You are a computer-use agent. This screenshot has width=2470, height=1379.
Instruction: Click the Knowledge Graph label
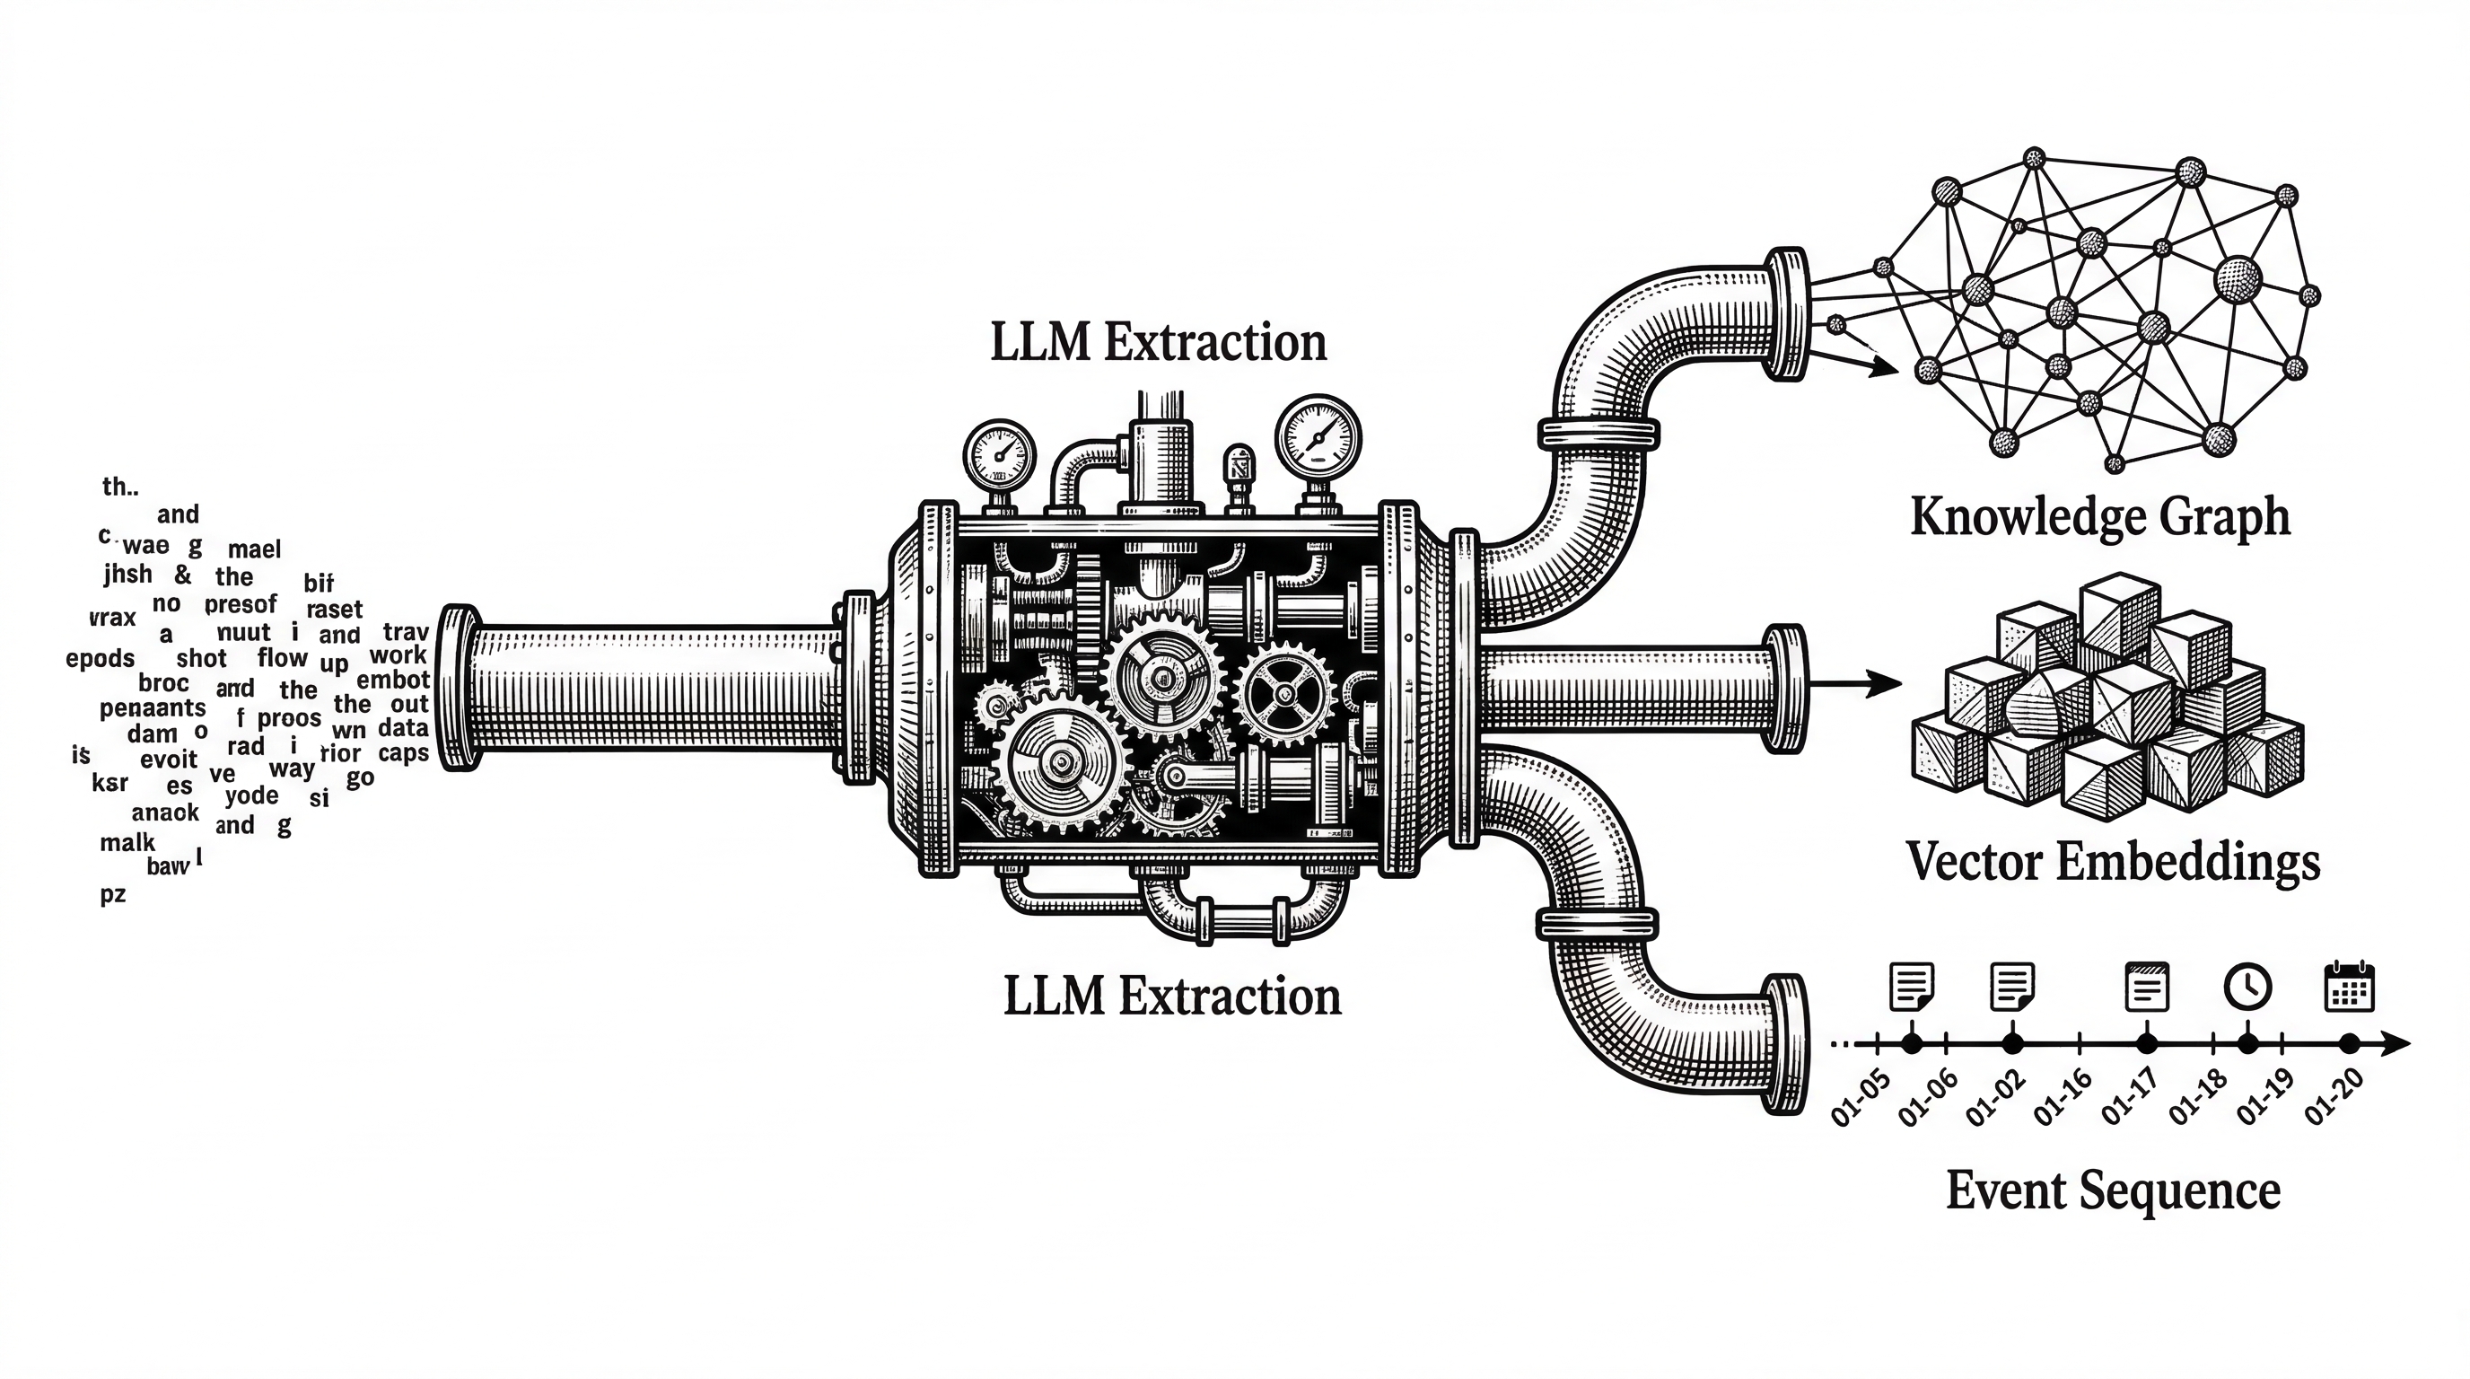[2100, 518]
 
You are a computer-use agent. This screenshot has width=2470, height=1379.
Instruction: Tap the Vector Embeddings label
[2113, 861]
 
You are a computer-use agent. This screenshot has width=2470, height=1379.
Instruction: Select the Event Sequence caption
[2113, 1191]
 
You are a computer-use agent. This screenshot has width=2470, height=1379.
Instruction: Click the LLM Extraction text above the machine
[1159, 342]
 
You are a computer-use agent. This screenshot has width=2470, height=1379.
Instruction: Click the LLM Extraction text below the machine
[1171, 997]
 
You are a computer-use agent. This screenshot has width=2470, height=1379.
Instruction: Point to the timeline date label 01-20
[2334, 1096]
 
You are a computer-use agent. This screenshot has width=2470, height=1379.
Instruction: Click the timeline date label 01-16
[2062, 1096]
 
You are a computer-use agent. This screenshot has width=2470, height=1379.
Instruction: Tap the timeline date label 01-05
[1861, 1098]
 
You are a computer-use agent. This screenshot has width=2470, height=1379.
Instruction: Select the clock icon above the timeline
[2247, 986]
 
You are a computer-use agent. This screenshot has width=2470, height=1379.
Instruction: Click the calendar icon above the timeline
[2349, 985]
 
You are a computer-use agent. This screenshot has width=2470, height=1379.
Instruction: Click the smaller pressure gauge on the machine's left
[999, 454]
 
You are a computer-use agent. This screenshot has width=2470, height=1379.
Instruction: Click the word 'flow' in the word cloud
[283, 658]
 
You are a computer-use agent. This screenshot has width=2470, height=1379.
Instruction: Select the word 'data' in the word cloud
[403, 728]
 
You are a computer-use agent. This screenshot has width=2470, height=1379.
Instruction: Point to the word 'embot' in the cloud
[393, 680]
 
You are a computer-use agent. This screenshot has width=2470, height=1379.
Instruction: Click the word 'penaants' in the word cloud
[153, 708]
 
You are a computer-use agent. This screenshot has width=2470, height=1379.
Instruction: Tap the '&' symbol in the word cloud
[183, 575]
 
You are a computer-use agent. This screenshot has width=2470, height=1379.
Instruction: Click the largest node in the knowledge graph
[2238, 279]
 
